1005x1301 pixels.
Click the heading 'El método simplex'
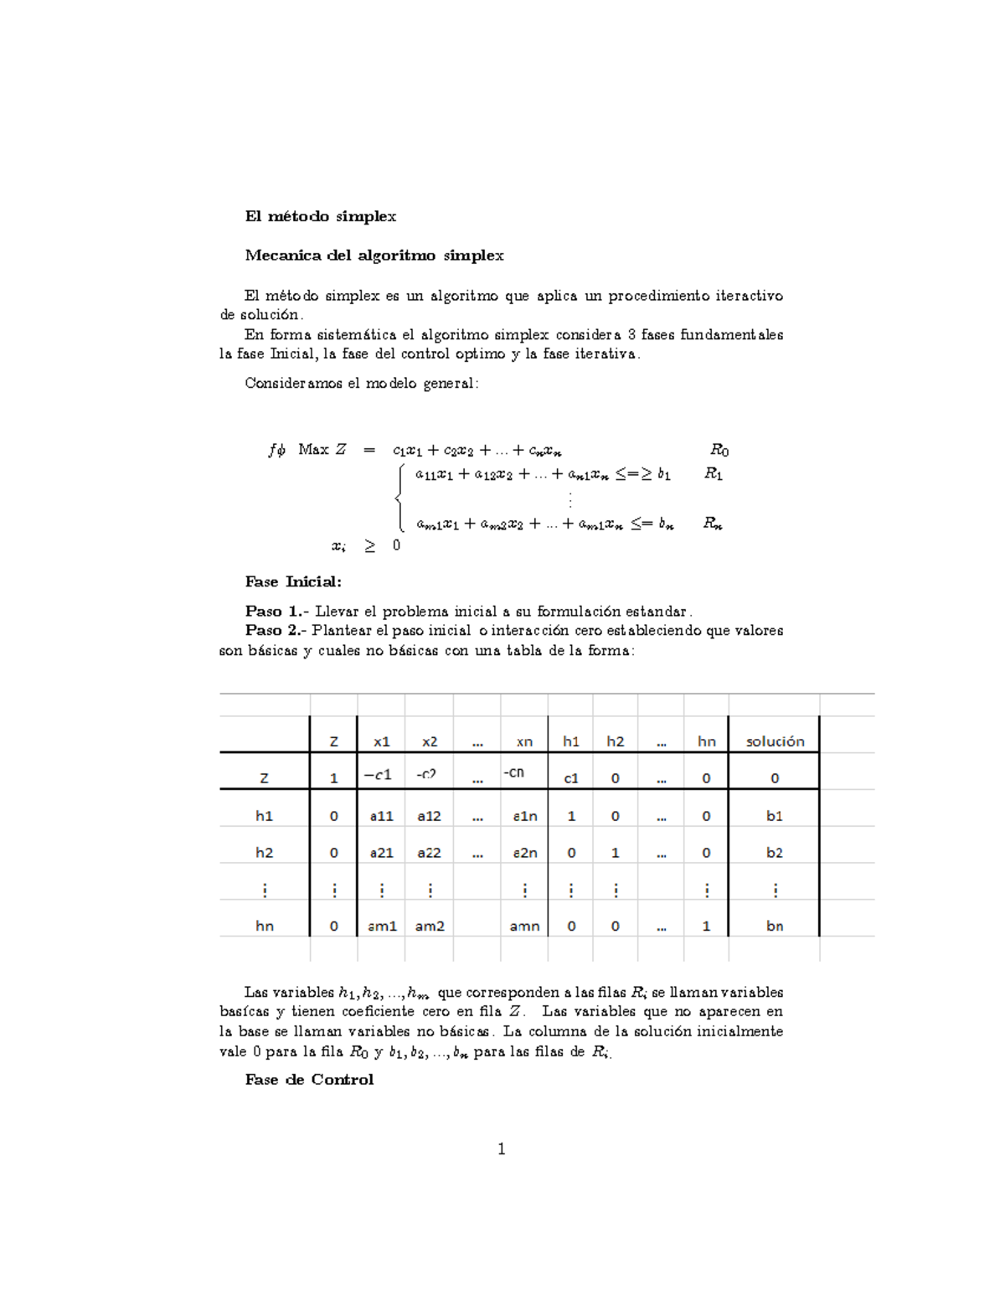click(320, 216)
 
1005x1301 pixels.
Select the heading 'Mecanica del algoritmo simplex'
click(374, 256)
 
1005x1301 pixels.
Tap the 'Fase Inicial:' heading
click(293, 581)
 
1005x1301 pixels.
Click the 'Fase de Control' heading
click(309, 1080)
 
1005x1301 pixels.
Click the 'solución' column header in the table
click(775, 741)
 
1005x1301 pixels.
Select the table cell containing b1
click(775, 816)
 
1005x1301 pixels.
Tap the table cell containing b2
click(775, 853)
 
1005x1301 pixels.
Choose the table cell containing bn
click(775, 927)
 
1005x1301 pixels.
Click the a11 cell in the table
click(382, 816)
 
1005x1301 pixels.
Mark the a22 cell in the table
click(429, 853)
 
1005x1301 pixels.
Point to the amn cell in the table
click(524, 927)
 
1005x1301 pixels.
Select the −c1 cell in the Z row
click(378, 775)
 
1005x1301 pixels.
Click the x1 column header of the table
click(382, 741)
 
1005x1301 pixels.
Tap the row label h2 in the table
click(265, 853)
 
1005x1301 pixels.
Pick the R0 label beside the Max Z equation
click(719, 451)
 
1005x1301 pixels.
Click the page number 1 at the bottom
click(502, 1149)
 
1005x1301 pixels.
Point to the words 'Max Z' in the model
click(322, 450)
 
